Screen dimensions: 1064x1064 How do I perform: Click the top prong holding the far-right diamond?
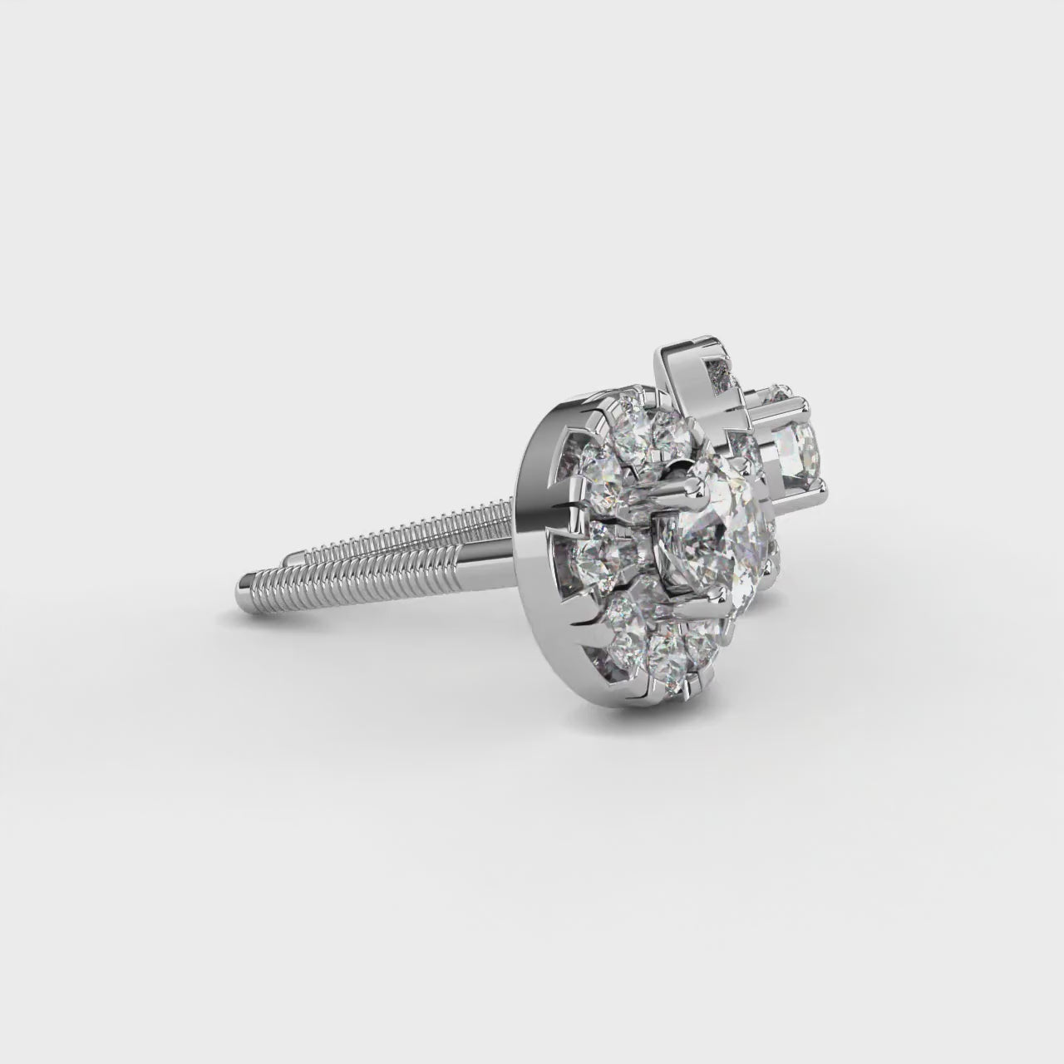click(x=781, y=391)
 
